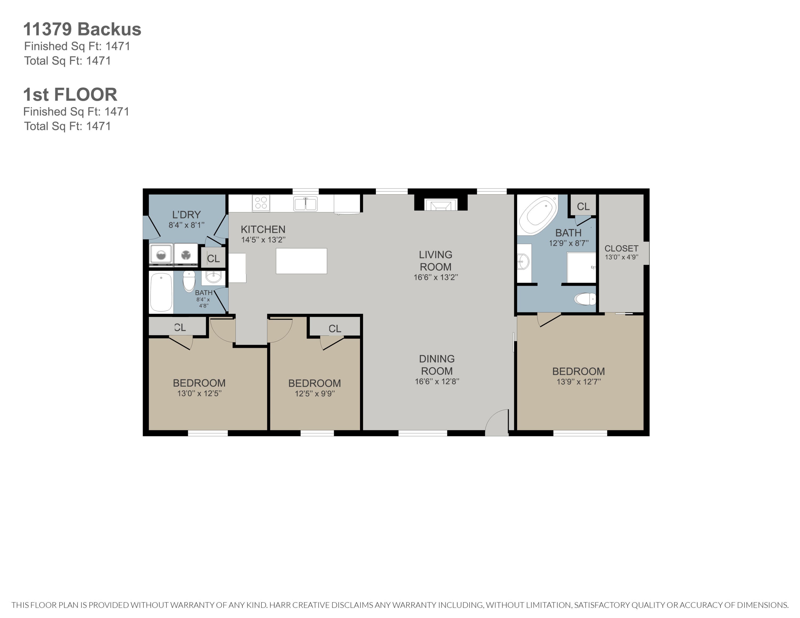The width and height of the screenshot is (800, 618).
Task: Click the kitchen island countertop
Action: pyautogui.click(x=301, y=261)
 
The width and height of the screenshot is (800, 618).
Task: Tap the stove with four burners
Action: pyautogui.click(x=261, y=203)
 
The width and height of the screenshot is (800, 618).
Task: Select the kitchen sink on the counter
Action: pyautogui.click(x=305, y=204)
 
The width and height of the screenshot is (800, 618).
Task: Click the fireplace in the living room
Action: pyautogui.click(x=441, y=204)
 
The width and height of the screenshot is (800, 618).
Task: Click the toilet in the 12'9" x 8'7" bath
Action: pyautogui.click(x=585, y=299)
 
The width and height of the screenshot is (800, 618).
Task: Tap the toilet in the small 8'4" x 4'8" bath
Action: pyautogui.click(x=189, y=281)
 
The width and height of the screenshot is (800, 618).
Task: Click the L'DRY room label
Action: pyautogui.click(x=186, y=215)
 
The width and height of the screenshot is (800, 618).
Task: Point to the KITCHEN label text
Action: pyautogui.click(x=263, y=230)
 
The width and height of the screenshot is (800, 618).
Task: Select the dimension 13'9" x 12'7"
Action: pyautogui.click(x=579, y=382)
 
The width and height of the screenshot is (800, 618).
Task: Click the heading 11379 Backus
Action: pyautogui.click(x=82, y=29)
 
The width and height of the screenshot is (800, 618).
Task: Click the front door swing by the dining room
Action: pyautogui.click(x=497, y=422)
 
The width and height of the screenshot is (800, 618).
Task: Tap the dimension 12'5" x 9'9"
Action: pyautogui.click(x=315, y=394)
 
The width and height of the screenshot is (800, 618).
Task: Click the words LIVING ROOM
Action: pyautogui.click(x=435, y=261)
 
